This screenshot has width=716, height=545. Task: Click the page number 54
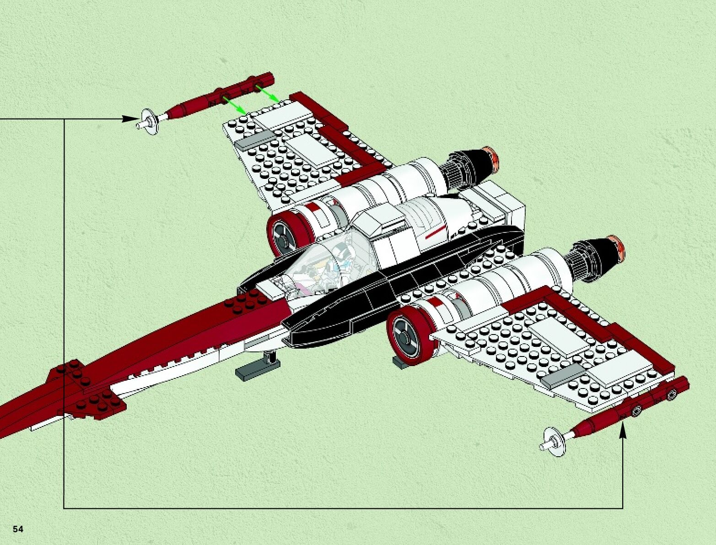coord(18,529)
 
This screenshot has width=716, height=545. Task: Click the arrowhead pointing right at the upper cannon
coord(131,119)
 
